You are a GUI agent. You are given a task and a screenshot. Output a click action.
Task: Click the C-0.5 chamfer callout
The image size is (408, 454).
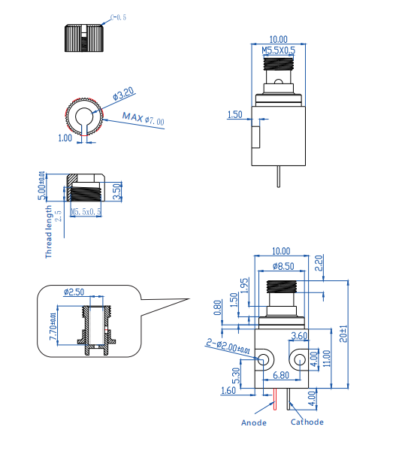tap(119, 14)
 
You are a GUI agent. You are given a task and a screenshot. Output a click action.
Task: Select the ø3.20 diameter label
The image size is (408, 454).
tap(123, 94)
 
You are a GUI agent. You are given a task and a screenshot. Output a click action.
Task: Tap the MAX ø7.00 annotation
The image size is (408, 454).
tap(144, 119)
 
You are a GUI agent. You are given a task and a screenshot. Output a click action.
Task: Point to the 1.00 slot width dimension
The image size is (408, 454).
tap(65, 138)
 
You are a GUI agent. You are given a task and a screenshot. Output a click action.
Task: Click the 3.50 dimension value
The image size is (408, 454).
tap(116, 192)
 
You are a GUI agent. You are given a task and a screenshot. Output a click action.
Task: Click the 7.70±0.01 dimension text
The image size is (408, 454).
tap(52, 328)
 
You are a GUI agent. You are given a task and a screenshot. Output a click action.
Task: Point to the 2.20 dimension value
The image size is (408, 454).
tap(319, 262)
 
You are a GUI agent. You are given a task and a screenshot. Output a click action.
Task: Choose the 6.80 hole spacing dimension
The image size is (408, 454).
tap(280, 374)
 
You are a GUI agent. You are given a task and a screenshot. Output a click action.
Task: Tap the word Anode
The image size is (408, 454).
tap(253, 422)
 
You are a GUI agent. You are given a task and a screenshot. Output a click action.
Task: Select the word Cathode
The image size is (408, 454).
tap(307, 422)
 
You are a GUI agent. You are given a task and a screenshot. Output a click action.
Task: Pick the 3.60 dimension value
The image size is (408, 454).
tap(298, 335)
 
